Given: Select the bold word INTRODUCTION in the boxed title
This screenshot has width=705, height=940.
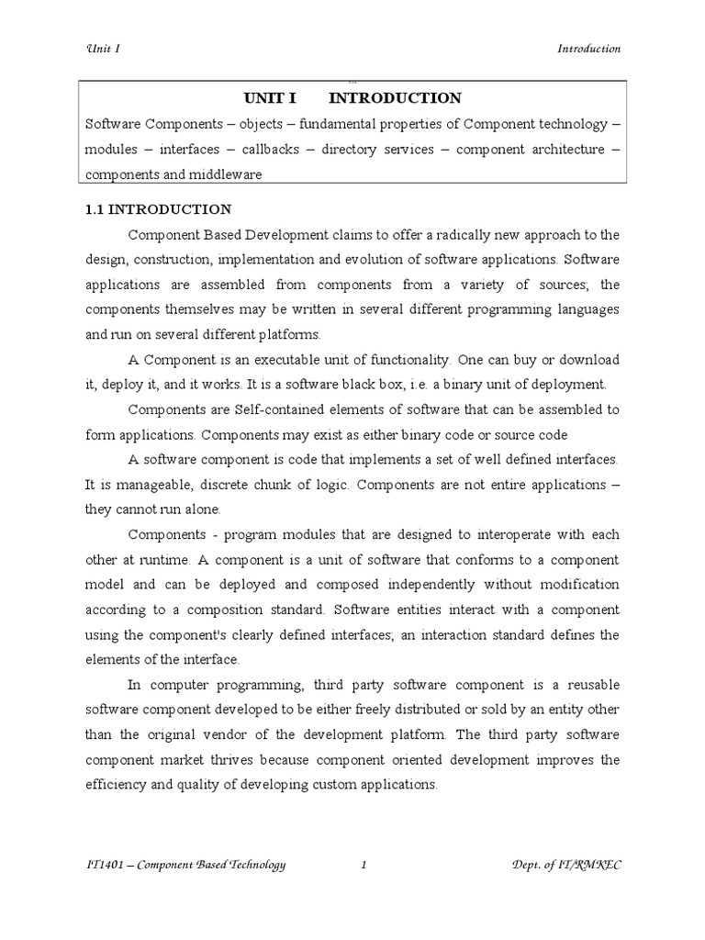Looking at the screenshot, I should tap(395, 98).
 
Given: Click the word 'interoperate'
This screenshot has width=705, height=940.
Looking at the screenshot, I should tap(487, 534).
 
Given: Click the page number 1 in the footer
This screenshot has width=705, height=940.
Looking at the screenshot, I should tap(364, 864).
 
